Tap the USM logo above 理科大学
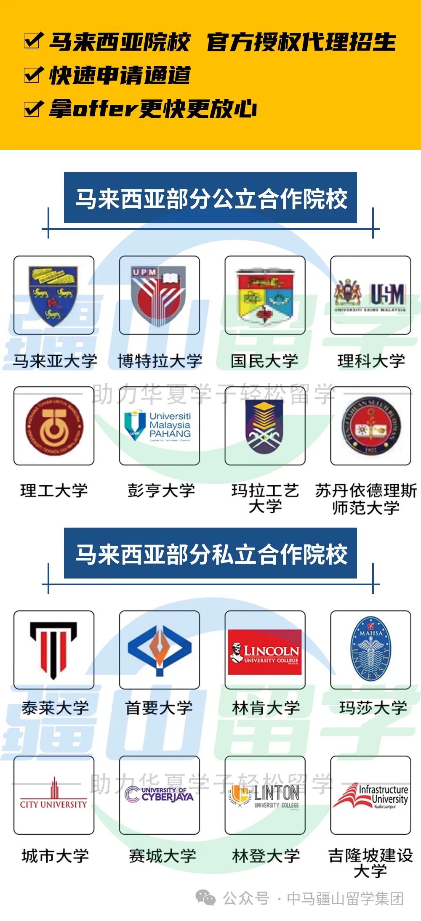click(x=370, y=295)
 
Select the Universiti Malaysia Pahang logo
click(x=159, y=426)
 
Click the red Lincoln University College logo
click(x=265, y=652)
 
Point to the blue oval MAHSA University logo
click(x=370, y=650)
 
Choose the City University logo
click(x=53, y=795)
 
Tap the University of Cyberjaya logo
click(x=159, y=794)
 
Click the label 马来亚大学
click(x=55, y=361)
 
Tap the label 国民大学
click(x=265, y=361)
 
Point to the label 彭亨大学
click(x=161, y=491)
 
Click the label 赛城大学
click(x=162, y=855)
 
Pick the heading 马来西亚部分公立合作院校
click(x=210, y=198)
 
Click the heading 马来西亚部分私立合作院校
click(x=210, y=554)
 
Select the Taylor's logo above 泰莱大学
click(x=53, y=650)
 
